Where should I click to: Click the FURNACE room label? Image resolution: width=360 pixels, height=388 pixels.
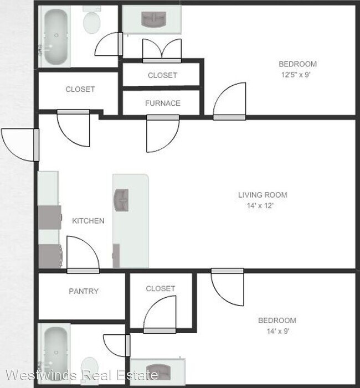click(x=162, y=103)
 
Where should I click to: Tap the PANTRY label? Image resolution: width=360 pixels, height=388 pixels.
click(x=84, y=291)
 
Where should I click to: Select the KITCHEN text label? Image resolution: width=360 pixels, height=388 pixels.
click(x=88, y=221)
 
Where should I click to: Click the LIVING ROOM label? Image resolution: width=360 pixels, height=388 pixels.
click(x=263, y=195)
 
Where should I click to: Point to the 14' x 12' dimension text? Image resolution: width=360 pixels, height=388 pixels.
click(x=260, y=205)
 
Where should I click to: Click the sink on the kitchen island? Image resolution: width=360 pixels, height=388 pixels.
click(x=121, y=199)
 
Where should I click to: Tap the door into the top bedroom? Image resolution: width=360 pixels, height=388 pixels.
click(x=229, y=101)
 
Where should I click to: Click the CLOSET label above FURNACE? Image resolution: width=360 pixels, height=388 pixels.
click(x=162, y=75)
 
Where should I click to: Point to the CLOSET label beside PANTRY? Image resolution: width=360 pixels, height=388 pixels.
click(x=161, y=288)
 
